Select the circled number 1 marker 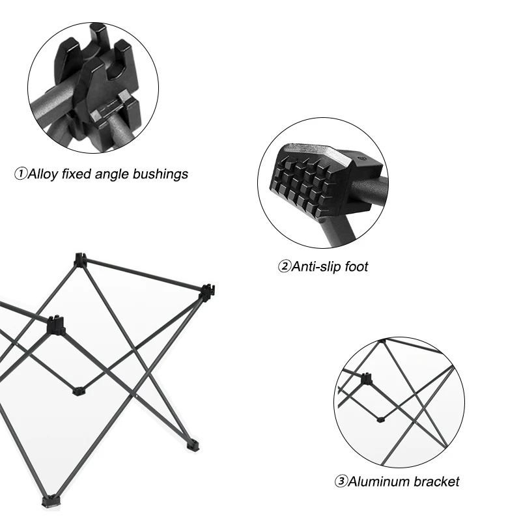(x=21, y=174)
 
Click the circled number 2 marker (x=284, y=266)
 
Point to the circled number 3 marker (x=341, y=481)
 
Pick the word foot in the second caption (x=356, y=266)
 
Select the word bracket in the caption (x=437, y=481)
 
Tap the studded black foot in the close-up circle (x=324, y=181)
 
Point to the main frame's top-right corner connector (x=207, y=292)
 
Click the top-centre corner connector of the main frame (x=79, y=260)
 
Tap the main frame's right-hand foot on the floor (x=193, y=445)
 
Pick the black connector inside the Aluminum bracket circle (x=366, y=379)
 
